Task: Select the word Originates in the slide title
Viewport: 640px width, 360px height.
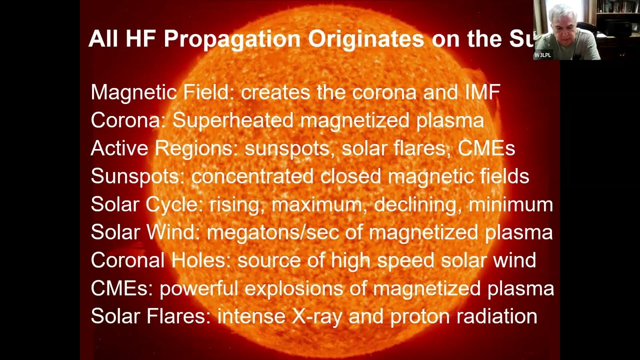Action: pos(365,39)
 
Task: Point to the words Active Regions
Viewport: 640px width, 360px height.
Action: pos(163,148)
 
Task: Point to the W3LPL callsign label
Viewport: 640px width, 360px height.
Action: pos(542,55)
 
